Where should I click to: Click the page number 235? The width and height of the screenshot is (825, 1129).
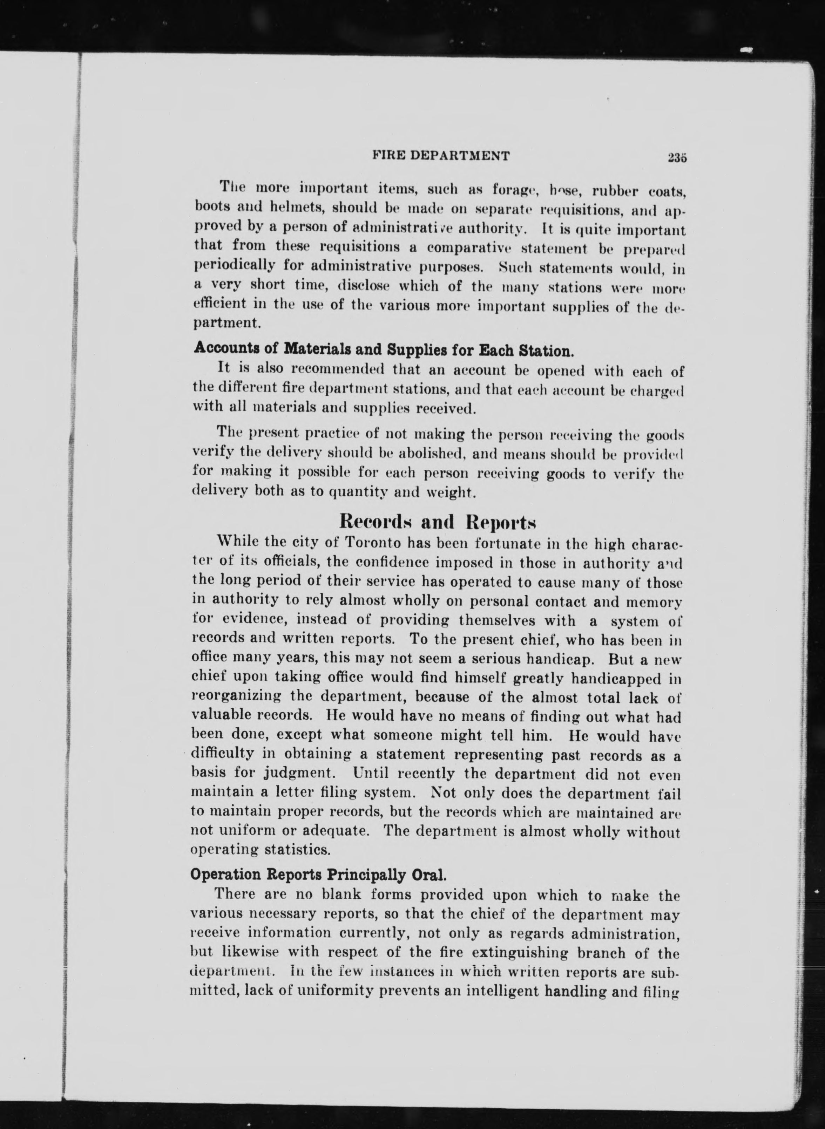tap(676, 157)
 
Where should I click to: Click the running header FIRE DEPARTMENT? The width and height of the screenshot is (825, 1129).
tap(441, 156)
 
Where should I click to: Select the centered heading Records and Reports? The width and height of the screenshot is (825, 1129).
tap(438, 522)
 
